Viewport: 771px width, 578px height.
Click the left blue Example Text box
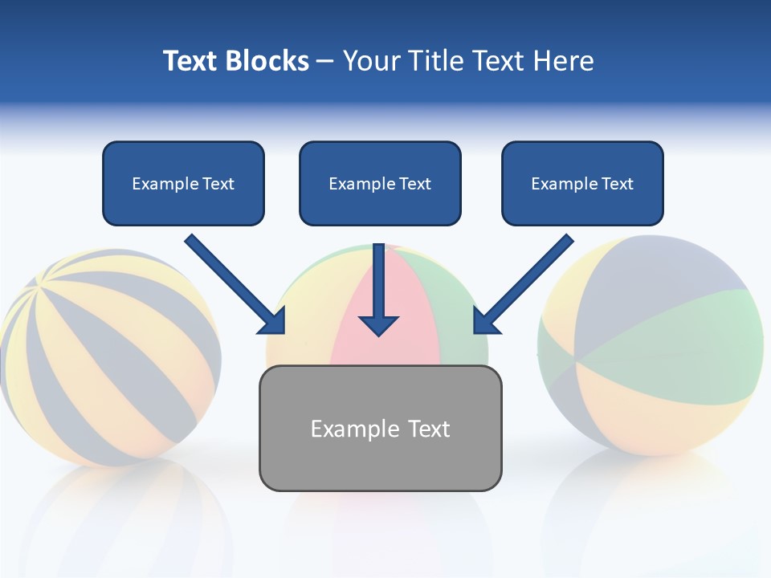coord(183,183)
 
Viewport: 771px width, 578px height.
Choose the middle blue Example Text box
coord(380,183)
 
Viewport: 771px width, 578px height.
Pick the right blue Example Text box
coord(582,183)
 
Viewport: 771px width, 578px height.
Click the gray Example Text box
coord(380,428)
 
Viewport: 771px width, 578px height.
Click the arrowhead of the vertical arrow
coord(379,324)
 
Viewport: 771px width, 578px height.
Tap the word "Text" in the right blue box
coord(617,184)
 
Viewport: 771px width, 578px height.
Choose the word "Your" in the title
coord(372,61)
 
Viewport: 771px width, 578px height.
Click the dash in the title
coord(325,61)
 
